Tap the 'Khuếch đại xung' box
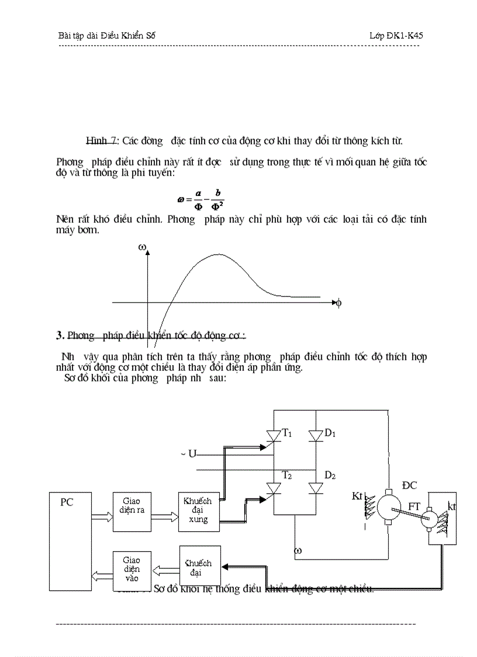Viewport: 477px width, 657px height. tap(199, 511)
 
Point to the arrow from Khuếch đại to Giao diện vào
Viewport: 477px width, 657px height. tap(165, 568)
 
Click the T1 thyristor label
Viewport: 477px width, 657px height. tap(287, 433)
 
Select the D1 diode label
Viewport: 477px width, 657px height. tap(330, 433)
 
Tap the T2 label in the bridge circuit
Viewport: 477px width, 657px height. tap(287, 475)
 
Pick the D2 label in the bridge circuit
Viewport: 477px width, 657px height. tap(330, 475)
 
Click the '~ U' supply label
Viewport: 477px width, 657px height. tap(188, 454)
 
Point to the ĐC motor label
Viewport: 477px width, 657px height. tap(410, 485)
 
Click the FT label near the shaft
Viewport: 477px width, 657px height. tap(414, 505)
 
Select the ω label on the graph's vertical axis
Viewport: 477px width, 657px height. tap(141, 247)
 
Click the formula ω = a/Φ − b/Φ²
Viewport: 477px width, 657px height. tap(201, 198)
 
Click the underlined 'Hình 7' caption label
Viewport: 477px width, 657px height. tap(102, 141)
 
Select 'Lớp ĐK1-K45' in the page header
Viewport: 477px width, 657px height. tap(396, 36)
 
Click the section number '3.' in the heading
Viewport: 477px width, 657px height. tap(60, 335)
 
